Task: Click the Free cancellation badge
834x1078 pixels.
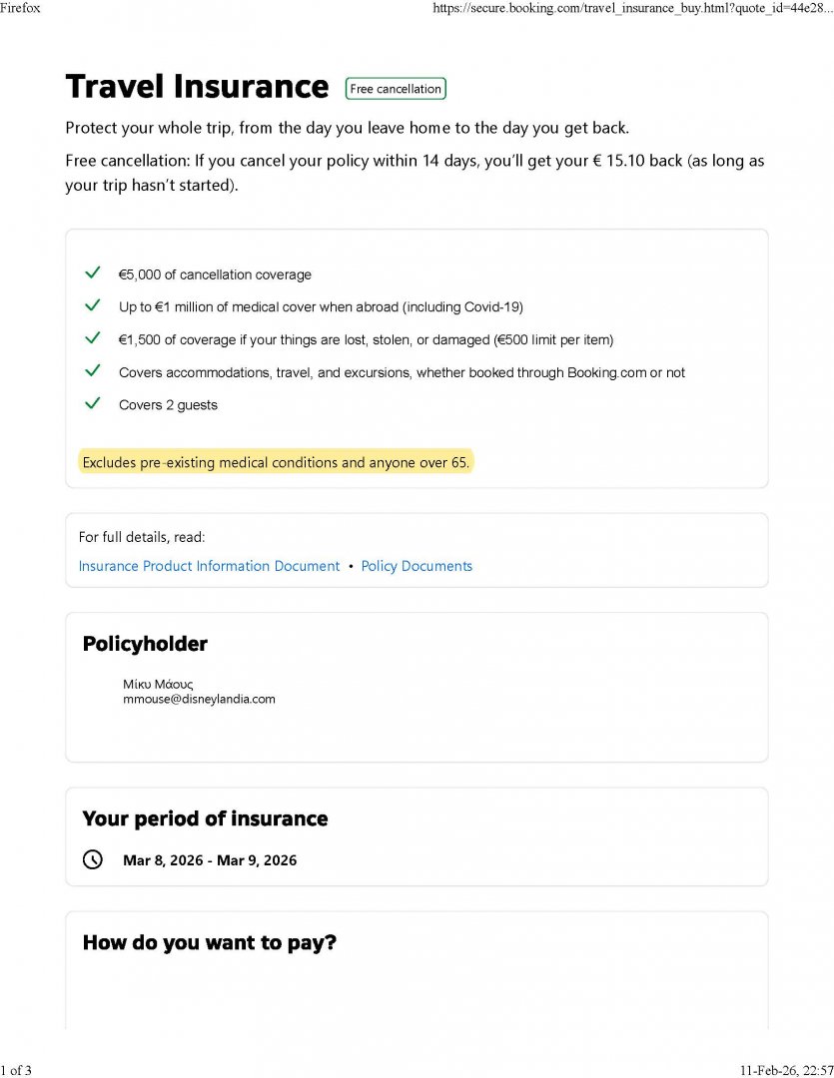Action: [x=396, y=89]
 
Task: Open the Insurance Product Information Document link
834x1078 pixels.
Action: [x=209, y=566]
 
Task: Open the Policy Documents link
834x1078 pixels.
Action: [x=417, y=566]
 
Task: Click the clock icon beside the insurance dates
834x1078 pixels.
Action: [x=93, y=859]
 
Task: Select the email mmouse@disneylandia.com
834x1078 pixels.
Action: [x=199, y=699]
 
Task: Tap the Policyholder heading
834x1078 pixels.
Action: [x=145, y=644]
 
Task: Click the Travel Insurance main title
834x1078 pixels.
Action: [x=197, y=87]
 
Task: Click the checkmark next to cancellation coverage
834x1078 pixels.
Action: [x=93, y=273]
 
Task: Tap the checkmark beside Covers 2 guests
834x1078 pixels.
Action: [x=93, y=404]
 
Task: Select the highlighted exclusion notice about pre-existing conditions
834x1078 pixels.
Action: [x=276, y=462]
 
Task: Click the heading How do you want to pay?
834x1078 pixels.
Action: [x=209, y=942]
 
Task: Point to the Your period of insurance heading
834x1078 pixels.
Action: [x=205, y=818]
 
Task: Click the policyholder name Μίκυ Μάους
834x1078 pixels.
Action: [x=158, y=684]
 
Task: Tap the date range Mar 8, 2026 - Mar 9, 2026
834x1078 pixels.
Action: [x=210, y=859]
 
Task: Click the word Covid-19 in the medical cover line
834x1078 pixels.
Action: [x=492, y=306]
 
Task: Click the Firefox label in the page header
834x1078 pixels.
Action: [x=20, y=8]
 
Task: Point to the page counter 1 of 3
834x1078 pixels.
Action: [x=17, y=1070]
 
